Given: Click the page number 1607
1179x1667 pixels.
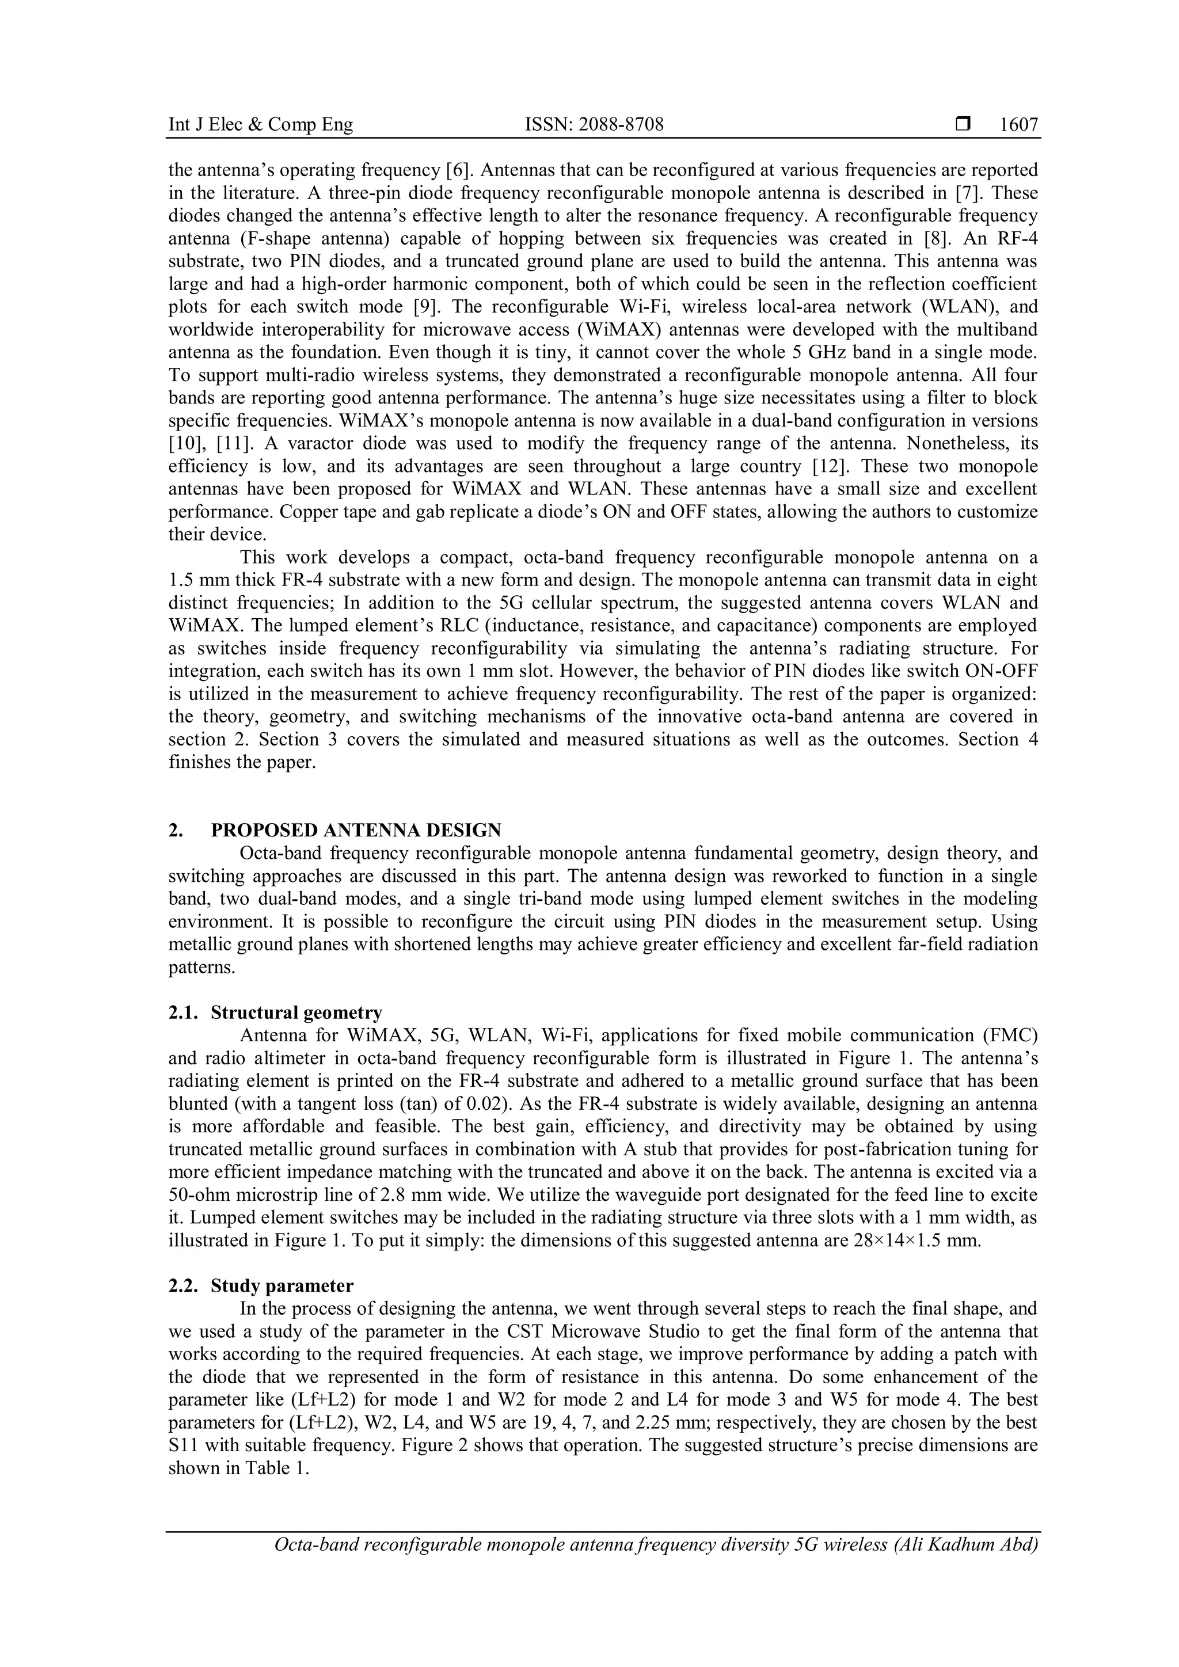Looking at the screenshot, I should pos(1018,125).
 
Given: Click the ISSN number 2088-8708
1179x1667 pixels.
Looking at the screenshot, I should pos(594,125).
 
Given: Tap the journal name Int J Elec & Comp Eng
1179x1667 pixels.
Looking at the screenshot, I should pos(261,125).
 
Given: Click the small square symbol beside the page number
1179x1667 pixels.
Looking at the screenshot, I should pos(963,125).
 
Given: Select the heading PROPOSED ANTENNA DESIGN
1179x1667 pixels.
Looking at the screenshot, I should pos(356,830).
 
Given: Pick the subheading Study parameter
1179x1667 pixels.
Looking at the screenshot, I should pos(283,1286).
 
